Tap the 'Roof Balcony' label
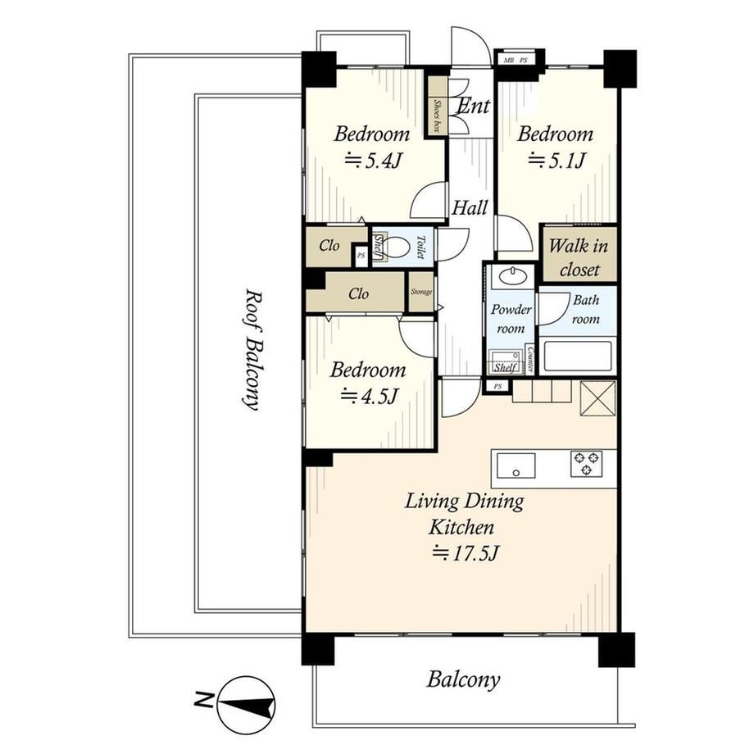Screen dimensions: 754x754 click(x=252, y=349)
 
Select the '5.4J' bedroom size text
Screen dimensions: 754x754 click(x=373, y=161)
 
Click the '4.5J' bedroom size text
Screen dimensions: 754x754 click(x=370, y=397)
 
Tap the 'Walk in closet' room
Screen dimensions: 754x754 click(x=579, y=255)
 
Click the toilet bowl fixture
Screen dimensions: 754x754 click(x=397, y=248)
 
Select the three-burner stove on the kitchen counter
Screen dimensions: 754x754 click(x=586, y=464)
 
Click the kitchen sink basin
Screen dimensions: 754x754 click(x=516, y=466)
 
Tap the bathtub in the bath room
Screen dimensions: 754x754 click(x=577, y=357)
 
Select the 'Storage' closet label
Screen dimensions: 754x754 click(x=421, y=292)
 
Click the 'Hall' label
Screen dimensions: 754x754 click(x=470, y=207)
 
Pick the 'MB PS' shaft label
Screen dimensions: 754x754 click(x=515, y=61)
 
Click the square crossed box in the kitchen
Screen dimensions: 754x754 click(x=597, y=398)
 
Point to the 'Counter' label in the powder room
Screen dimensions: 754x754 click(x=530, y=360)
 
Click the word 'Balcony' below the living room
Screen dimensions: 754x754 click(x=463, y=680)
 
